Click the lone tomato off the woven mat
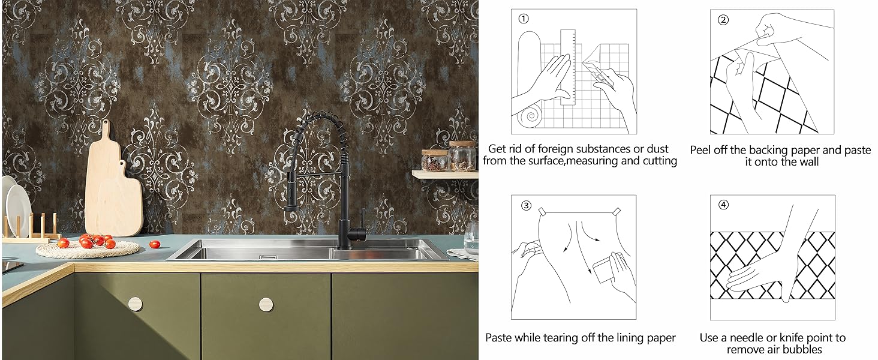[x=155, y=244]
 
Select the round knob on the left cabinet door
[x=136, y=304]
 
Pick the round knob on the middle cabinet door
[x=266, y=304]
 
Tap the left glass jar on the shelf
[x=434, y=160]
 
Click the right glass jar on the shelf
[x=462, y=157]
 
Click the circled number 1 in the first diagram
[x=524, y=19]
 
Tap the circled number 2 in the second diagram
[x=723, y=19]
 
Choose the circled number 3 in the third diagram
[x=526, y=205]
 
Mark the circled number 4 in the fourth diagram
[x=723, y=205]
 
